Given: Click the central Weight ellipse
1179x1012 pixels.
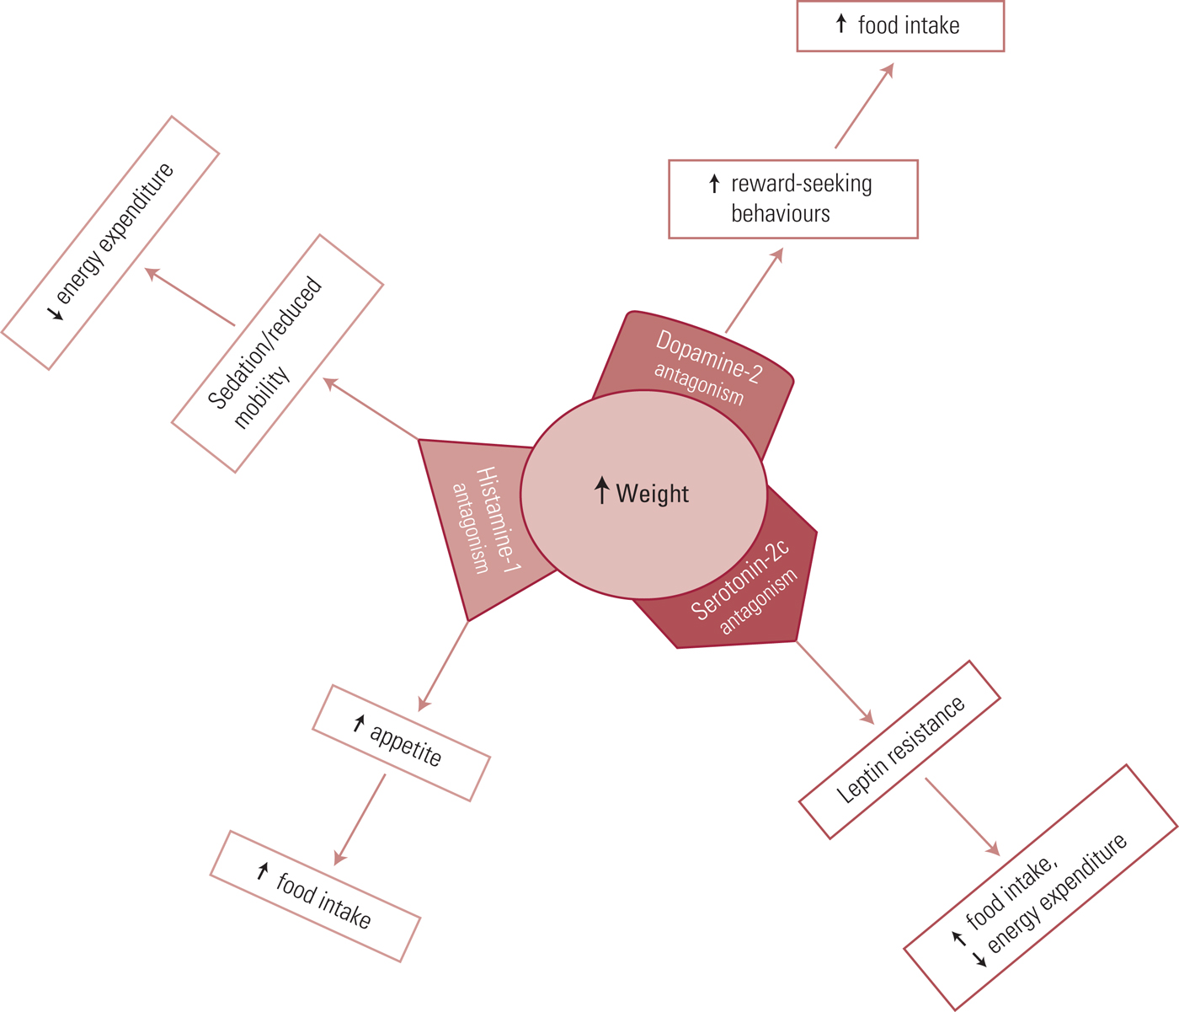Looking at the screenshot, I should [643, 494].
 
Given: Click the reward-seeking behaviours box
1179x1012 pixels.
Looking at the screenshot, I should [792, 199].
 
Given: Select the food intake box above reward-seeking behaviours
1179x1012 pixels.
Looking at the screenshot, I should [900, 26].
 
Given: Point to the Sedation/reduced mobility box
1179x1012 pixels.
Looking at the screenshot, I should [277, 353].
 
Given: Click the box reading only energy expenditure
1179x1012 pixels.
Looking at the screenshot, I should [110, 243].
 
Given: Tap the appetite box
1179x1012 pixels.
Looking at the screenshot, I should [401, 742].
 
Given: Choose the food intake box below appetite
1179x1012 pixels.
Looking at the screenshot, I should [315, 896].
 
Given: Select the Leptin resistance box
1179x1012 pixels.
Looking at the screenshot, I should [899, 750].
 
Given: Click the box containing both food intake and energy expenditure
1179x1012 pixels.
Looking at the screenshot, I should [1041, 886].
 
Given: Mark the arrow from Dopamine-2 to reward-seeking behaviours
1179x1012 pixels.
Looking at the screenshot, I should [754, 291].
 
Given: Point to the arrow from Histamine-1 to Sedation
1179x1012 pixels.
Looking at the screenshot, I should [371, 409].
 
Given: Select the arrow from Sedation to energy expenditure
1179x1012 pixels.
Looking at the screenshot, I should [189, 297].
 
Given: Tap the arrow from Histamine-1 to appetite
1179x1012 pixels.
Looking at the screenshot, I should [443, 667].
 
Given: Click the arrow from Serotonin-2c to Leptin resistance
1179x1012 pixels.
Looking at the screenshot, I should [835, 682].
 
